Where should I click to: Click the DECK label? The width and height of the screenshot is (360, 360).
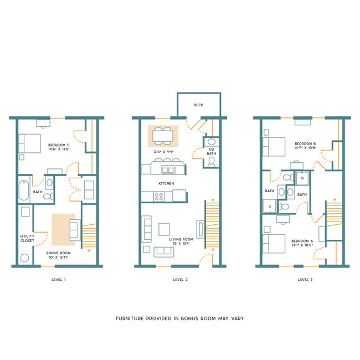click(198, 105)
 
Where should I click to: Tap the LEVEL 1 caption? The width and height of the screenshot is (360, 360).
click(57, 280)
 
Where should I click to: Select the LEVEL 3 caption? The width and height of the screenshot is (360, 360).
click(305, 280)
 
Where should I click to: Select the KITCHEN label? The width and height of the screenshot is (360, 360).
click(166, 183)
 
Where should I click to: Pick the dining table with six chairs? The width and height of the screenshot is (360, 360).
click(163, 135)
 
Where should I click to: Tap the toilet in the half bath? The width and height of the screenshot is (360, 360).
click(211, 162)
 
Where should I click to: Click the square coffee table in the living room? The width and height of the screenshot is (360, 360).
click(164, 229)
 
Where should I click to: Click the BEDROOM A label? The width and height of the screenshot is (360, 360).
click(302, 241)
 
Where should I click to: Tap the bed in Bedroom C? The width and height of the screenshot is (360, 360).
click(30, 143)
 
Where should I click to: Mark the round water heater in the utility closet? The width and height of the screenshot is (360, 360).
click(24, 258)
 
